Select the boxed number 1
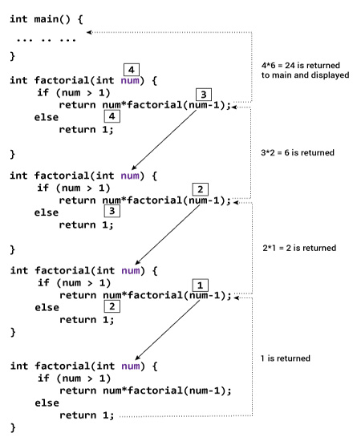pos(202,285)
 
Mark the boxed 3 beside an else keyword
pos(114,212)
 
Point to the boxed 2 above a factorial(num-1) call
pos(202,189)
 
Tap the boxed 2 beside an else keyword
pos(114,305)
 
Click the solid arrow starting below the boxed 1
pos(168,329)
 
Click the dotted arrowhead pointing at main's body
pos(90,32)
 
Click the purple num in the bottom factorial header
pos(129,366)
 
